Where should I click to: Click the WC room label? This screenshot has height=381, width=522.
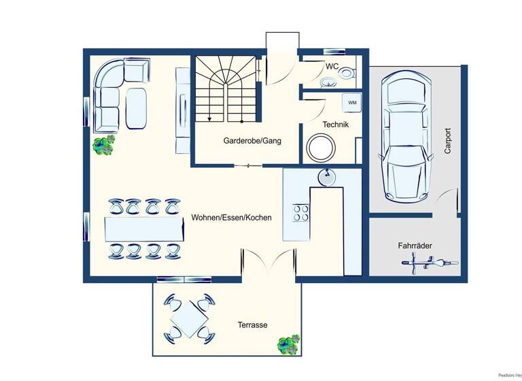[x=332, y=67]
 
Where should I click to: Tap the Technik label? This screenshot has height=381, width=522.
[x=336, y=125]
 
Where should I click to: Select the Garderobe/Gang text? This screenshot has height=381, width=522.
[x=252, y=141]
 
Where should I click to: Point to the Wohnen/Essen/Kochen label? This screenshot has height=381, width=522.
[x=232, y=218]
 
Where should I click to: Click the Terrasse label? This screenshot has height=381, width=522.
[x=252, y=325]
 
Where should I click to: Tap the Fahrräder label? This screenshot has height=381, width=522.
[x=416, y=246]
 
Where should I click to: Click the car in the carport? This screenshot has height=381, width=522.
[x=406, y=135]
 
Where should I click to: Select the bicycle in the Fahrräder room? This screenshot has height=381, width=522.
[x=430, y=263]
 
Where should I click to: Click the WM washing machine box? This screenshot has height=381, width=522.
[x=352, y=102]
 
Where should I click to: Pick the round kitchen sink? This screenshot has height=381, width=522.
[x=326, y=177]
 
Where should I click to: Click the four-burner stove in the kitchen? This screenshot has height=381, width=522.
[x=300, y=212]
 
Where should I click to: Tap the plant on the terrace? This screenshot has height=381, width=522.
[x=288, y=343]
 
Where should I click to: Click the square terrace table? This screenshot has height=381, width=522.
[x=188, y=316]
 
